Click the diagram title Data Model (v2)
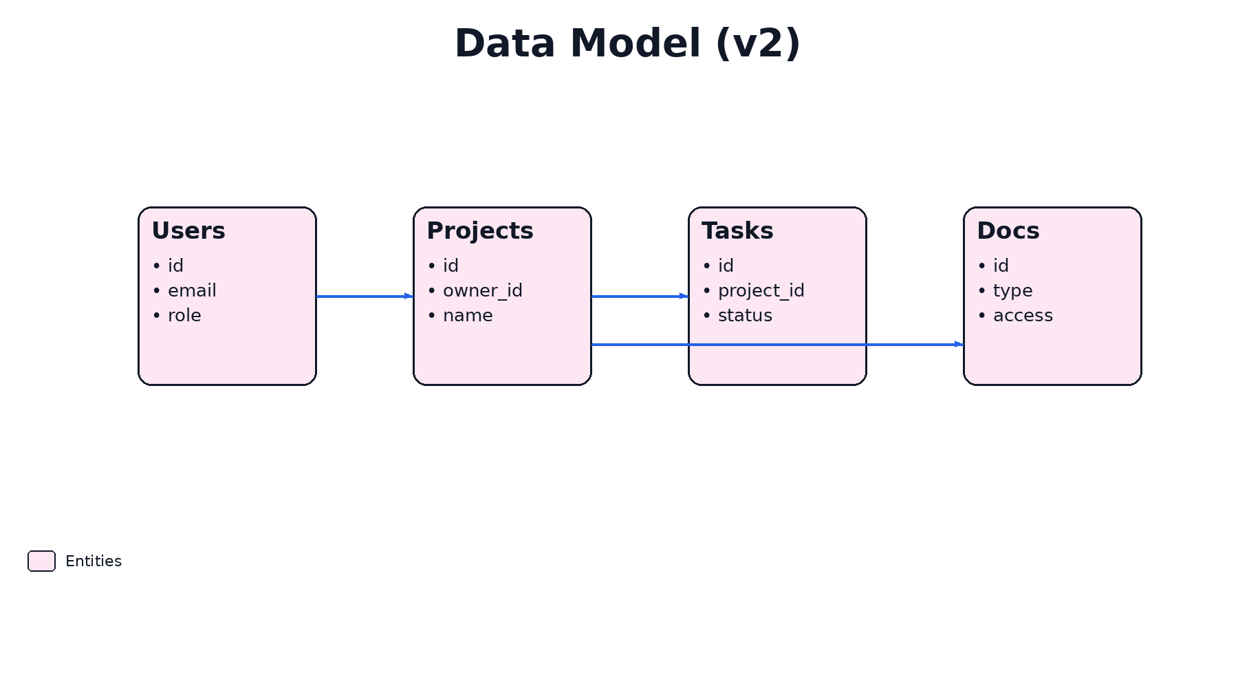pyautogui.click(x=627, y=43)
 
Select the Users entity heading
pyautogui.click(x=188, y=231)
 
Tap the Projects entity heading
pyautogui.click(x=480, y=231)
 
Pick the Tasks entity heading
pyautogui.click(x=737, y=231)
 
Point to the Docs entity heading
pyautogui.click(x=1008, y=231)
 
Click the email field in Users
pyautogui.click(x=192, y=291)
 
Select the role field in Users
pyautogui.click(x=184, y=316)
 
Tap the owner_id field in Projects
pyautogui.click(x=482, y=291)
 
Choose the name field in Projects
pyautogui.click(x=468, y=316)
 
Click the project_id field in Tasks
pyautogui.click(x=761, y=291)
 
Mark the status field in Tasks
pyautogui.click(x=745, y=316)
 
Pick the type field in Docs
pyautogui.click(x=1012, y=291)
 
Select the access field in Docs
pyautogui.click(x=1023, y=316)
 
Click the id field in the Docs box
pyautogui.click(x=1001, y=266)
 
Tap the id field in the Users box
pyautogui.click(x=175, y=266)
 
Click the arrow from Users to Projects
pyautogui.click(x=365, y=297)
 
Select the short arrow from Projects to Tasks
pyautogui.click(x=640, y=297)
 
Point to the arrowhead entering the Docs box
pyautogui.click(x=959, y=344)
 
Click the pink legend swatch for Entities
pyautogui.click(x=41, y=561)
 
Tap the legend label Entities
pyautogui.click(x=94, y=561)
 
